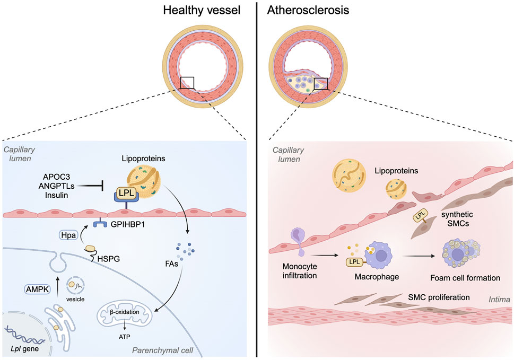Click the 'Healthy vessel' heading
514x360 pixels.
[x=202, y=10]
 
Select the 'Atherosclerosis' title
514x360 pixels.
[x=308, y=10]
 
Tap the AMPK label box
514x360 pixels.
[x=38, y=289]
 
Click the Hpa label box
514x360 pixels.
[x=68, y=235]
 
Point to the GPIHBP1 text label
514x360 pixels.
[x=127, y=225]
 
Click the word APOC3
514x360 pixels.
[x=56, y=177]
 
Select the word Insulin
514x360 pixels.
[x=56, y=195]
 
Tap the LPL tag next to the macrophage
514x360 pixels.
[x=354, y=262]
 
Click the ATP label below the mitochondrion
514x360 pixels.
[x=125, y=337]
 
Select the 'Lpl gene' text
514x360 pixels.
[x=24, y=349]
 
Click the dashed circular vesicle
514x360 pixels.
[x=75, y=285]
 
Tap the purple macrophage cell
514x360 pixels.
[x=379, y=256]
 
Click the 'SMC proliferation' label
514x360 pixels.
[x=439, y=297]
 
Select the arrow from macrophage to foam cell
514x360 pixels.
[x=419, y=256]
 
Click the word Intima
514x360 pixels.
[x=499, y=300]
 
